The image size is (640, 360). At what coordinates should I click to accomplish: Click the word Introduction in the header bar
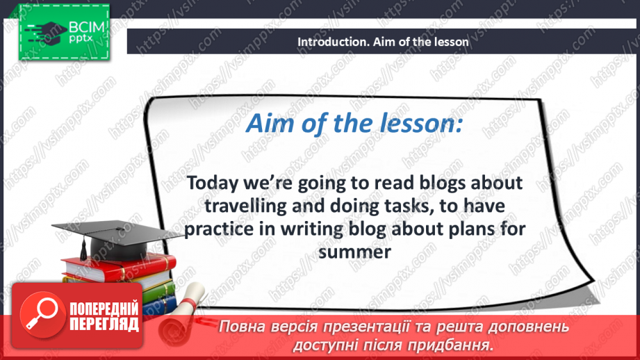327,42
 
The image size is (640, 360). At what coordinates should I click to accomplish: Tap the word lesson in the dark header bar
450,42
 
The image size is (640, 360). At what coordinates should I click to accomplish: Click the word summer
354,252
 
